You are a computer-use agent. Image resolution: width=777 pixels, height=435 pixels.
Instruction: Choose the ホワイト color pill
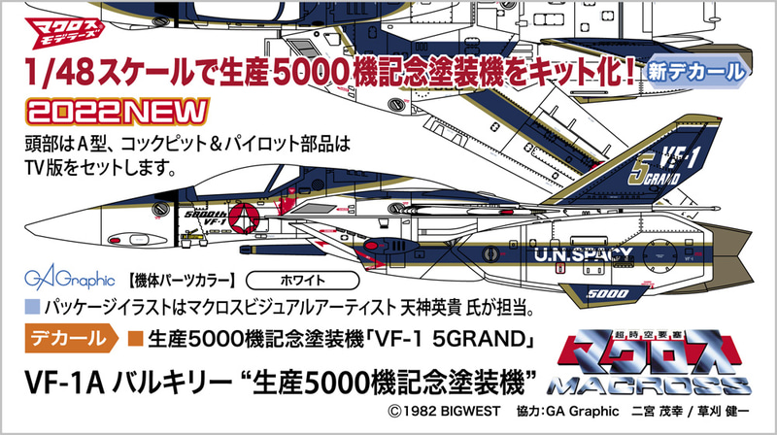tap(302, 281)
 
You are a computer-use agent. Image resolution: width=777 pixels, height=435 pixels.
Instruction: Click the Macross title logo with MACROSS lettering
tap(649, 364)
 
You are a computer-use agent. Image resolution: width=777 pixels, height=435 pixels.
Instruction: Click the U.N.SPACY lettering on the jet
tap(584, 254)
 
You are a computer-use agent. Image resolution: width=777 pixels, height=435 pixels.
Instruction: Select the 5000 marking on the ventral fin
tap(608, 294)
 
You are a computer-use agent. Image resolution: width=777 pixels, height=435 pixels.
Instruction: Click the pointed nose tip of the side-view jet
tap(27, 227)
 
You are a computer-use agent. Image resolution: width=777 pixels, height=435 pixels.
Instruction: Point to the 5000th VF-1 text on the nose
tap(205, 218)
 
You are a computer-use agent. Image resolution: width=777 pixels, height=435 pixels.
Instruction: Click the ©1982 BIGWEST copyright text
tap(445, 412)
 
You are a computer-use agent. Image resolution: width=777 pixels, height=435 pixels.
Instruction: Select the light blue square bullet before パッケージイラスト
tap(32, 307)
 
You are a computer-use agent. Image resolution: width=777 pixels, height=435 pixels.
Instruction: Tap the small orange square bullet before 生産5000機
tap(135, 339)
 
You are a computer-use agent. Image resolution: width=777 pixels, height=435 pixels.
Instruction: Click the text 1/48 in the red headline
tap(59, 72)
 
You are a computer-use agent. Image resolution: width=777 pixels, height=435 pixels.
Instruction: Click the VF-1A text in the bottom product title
tap(65, 384)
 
